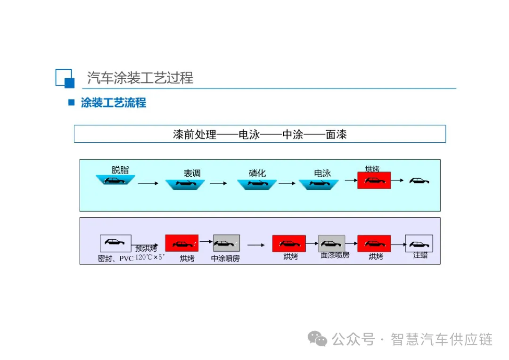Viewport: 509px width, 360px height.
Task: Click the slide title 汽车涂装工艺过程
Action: [x=140, y=78]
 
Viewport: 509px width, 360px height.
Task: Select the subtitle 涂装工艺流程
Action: [x=113, y=103]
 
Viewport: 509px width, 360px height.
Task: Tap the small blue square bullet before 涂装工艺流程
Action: [x=72, y=102]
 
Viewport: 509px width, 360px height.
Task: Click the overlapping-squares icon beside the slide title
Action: [x=65, y=78]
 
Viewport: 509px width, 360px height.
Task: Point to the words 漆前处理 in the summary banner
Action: [x=195, y=135]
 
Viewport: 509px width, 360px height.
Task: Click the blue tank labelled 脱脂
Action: [x=115, y=180]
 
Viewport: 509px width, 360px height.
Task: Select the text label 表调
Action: [x=192, y=173]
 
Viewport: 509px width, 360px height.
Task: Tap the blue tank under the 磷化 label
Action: [x=256, y=184]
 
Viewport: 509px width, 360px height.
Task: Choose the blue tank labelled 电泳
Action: [x=319, y=184]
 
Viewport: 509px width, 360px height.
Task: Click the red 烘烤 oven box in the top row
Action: [x=374, y=180]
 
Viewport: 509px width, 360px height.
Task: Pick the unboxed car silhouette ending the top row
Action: [x=419, y=180]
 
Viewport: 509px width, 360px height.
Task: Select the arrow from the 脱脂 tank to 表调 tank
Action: [x=148, y=183]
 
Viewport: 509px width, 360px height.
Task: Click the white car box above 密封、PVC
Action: [x=115, y=243]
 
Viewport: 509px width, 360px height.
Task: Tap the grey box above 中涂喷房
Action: [x=226, y=243]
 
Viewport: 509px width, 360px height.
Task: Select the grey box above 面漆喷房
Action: [x=331, y=244]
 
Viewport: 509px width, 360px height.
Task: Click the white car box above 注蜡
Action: [x=419, y=244]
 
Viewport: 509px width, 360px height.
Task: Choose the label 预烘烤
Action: [x=147, y=248]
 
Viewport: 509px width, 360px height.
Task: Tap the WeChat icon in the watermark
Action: [x=318, y=338]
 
